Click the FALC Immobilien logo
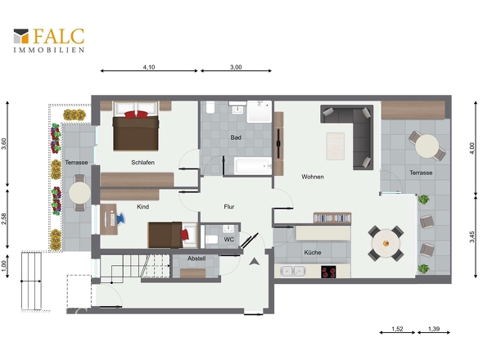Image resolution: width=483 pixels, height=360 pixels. [49, 40]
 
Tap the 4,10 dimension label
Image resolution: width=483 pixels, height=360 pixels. [149, 67]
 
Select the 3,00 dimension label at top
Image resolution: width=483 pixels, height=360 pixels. [236, 67]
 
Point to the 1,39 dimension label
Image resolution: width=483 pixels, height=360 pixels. [434, 329]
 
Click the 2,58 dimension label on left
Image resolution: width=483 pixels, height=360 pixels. [4, 218]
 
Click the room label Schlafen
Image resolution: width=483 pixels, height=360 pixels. [143, 162]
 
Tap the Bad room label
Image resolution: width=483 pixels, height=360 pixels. [236, 137]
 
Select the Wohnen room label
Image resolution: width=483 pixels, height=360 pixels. [313, 177]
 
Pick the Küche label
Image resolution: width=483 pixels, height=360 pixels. [313, 252]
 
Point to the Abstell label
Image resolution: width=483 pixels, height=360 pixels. [196, 259]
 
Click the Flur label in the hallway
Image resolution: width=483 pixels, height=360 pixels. [229, 207]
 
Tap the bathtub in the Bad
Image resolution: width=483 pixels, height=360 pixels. [253, 166]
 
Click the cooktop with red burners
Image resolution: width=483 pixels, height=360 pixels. [328, 272]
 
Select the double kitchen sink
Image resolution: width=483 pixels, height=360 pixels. [293, 272]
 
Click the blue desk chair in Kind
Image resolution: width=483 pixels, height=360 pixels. [120, 218]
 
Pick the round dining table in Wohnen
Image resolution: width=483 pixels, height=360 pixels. [386, 243]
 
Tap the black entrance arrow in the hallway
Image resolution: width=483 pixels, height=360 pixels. [254, 262]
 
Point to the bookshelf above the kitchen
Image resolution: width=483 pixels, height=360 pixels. [332, 218]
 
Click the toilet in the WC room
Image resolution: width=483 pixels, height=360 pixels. [212, 239]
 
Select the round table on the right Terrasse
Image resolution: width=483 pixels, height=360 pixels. [427, 146]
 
